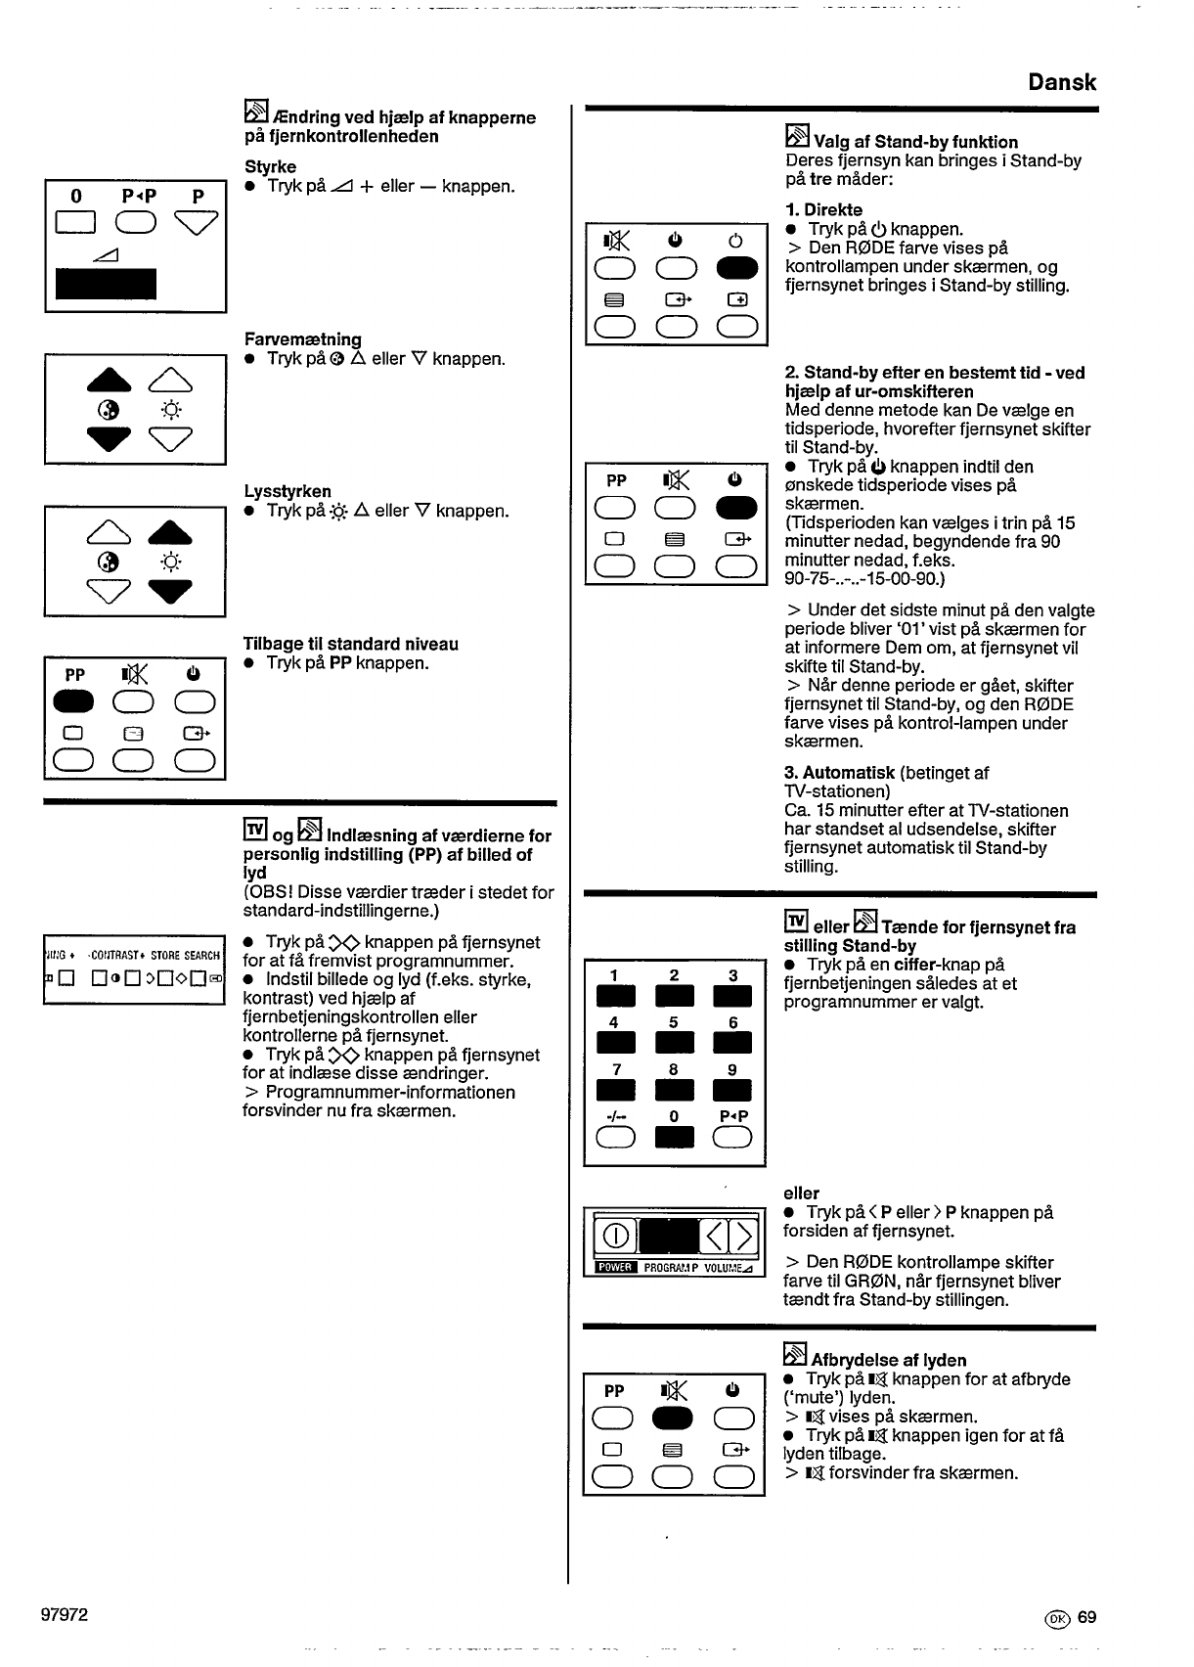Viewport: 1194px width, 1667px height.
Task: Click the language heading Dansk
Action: (x=1061, y=82)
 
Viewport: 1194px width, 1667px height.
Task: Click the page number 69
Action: (x=1086, y=1617)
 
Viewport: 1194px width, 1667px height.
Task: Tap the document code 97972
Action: (x=65, y=1614)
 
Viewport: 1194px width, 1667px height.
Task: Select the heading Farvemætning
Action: (x=302, y=339)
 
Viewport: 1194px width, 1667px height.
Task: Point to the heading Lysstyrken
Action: (x=287, y=491)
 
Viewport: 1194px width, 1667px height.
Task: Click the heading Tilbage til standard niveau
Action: (x=350, y=644)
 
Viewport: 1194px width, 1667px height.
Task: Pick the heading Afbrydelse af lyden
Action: (x=888, y=1360)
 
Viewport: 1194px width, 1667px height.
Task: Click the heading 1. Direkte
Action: (x=822, y=209)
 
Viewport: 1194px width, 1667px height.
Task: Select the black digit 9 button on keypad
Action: (x=731, y=1089)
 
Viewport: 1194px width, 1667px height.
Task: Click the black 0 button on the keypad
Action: (x=674, y=1137)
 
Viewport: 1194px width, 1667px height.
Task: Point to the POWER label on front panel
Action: (x=615, y=1269)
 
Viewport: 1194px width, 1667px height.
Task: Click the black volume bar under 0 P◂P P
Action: (x=106, y=283)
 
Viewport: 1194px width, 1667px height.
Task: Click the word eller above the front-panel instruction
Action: (x=801, y=1193)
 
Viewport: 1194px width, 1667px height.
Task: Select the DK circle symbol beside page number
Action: (x=1056, y=1618)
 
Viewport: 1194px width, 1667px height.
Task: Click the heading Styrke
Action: (x=270, y=166)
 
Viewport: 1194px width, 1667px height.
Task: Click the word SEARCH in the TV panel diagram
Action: (x=202, y=956)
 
